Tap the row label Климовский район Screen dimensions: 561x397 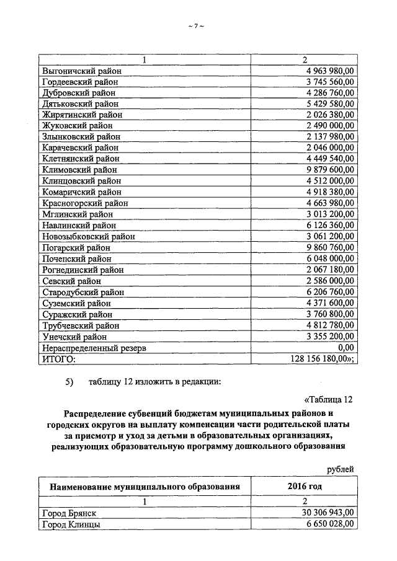point(79,169)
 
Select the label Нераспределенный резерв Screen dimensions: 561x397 point(94,348)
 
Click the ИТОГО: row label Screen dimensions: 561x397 point(58,359)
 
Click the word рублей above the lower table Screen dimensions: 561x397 point(341,469)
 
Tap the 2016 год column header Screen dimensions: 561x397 point(305,487)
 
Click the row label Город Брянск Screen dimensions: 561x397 point(69,513)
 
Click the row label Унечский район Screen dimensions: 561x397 point(74,337)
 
